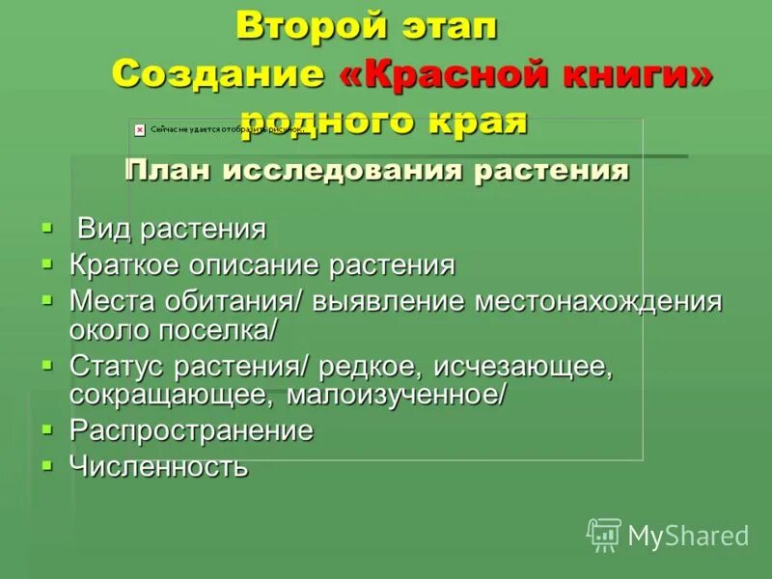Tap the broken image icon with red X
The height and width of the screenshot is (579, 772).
pos(140,128)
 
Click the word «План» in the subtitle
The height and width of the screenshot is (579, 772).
pos(170,172)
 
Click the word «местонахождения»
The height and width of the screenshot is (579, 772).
pos(597,301)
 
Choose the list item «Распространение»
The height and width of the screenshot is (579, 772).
pos(191,430)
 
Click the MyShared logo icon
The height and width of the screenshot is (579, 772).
pos(604,534)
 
